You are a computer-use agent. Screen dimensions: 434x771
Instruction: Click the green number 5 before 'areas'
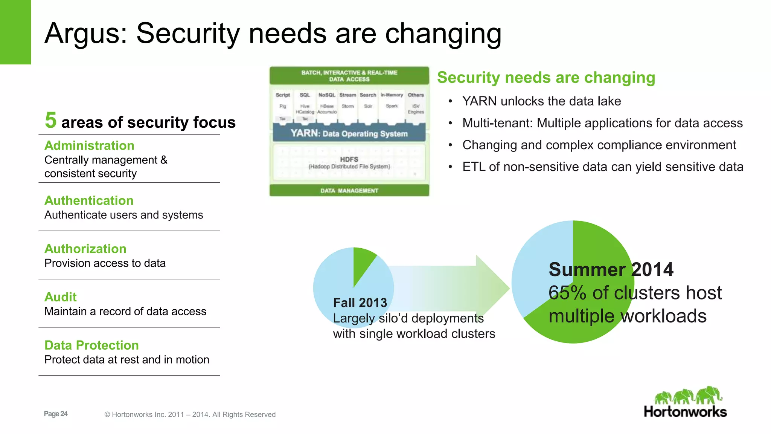coord(50,120)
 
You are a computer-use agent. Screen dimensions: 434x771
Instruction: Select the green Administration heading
coord(89,145)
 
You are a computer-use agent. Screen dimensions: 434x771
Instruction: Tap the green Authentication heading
coord(89,200)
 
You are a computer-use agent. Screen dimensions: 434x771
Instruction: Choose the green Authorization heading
coord(85,249)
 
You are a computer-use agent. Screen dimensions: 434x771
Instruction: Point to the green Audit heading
coord(61,297)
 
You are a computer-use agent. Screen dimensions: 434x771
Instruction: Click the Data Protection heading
coord(91,345)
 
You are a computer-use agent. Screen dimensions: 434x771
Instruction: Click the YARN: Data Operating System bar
coord(349,134)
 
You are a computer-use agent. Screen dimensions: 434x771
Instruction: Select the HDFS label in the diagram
coord(349,159)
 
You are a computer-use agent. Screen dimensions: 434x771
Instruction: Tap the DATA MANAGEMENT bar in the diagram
coord(349,191)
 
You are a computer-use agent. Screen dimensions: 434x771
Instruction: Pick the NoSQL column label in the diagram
coord(327,95)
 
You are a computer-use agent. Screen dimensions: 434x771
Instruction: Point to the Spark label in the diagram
coord(392,106)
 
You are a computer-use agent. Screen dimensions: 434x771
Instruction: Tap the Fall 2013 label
coord(360,303)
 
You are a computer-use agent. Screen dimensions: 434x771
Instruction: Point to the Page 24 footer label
coord(56,414)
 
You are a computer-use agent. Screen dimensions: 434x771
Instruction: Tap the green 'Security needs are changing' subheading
coord(546,78)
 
